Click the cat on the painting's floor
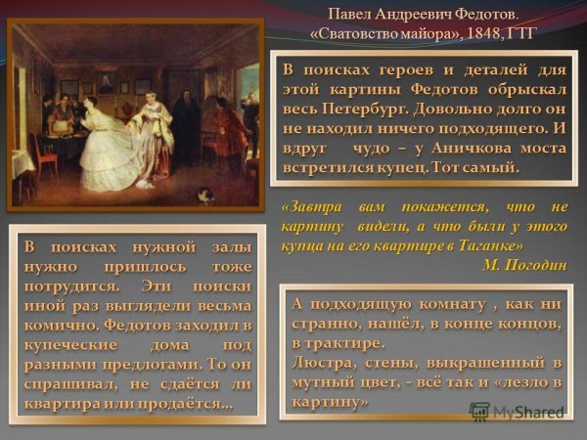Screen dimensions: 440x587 coord(203,195)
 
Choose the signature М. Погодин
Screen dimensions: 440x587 coord(523,262)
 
